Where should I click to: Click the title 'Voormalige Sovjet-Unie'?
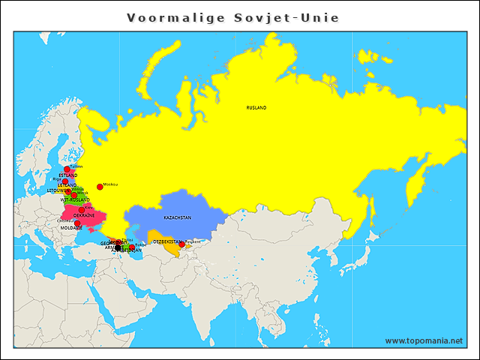232,17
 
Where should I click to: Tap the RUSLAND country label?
256,108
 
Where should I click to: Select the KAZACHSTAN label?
178,217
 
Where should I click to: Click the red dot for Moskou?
100,187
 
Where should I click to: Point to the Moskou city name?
110,184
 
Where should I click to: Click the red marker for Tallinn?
67,169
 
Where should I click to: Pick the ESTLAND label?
67,175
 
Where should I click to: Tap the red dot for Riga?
64,181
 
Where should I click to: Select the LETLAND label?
67,184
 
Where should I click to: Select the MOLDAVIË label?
72,227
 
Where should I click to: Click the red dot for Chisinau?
77,223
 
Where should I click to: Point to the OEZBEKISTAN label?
167,242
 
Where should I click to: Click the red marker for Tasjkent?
181,244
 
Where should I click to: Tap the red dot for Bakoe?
132,247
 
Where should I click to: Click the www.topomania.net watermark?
424,340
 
